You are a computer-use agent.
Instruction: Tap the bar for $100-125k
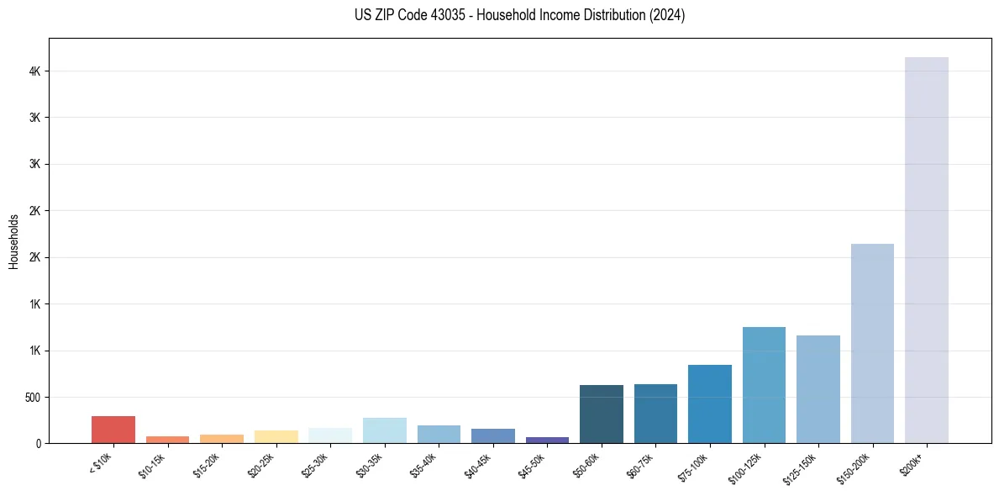pos(764,385)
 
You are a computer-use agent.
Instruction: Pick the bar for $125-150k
pos(818,389)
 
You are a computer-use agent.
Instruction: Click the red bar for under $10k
pos(113,430)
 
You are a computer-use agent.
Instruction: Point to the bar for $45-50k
pos(547,440)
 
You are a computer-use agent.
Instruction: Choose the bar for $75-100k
pos(709,404)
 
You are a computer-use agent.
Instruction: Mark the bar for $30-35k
pos(384,430)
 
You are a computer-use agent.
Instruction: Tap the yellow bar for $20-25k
pos(276,437)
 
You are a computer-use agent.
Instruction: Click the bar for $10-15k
pos(167,440)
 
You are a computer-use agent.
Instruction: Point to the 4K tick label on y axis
pos(35,71)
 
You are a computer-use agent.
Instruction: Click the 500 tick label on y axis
pos(33,397)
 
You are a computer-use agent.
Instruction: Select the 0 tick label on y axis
pos(39,443)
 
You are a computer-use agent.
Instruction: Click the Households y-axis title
pos(13,241)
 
